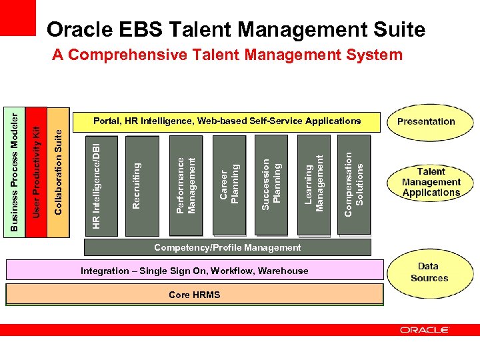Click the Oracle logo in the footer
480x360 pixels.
coord(425,329)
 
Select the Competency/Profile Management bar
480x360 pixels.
coord(227,247)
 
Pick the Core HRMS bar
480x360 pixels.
coord(194,295)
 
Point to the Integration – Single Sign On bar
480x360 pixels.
coord(194,271)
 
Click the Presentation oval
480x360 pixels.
coord(426,121)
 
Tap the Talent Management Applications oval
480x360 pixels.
coord(431,182)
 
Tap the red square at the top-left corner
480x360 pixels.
coord(17,18)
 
